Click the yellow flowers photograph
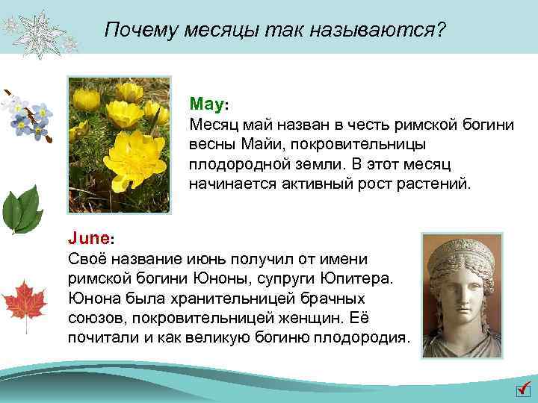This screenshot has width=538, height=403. pos(120,144)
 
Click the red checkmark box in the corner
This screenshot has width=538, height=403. pos(523,391)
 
